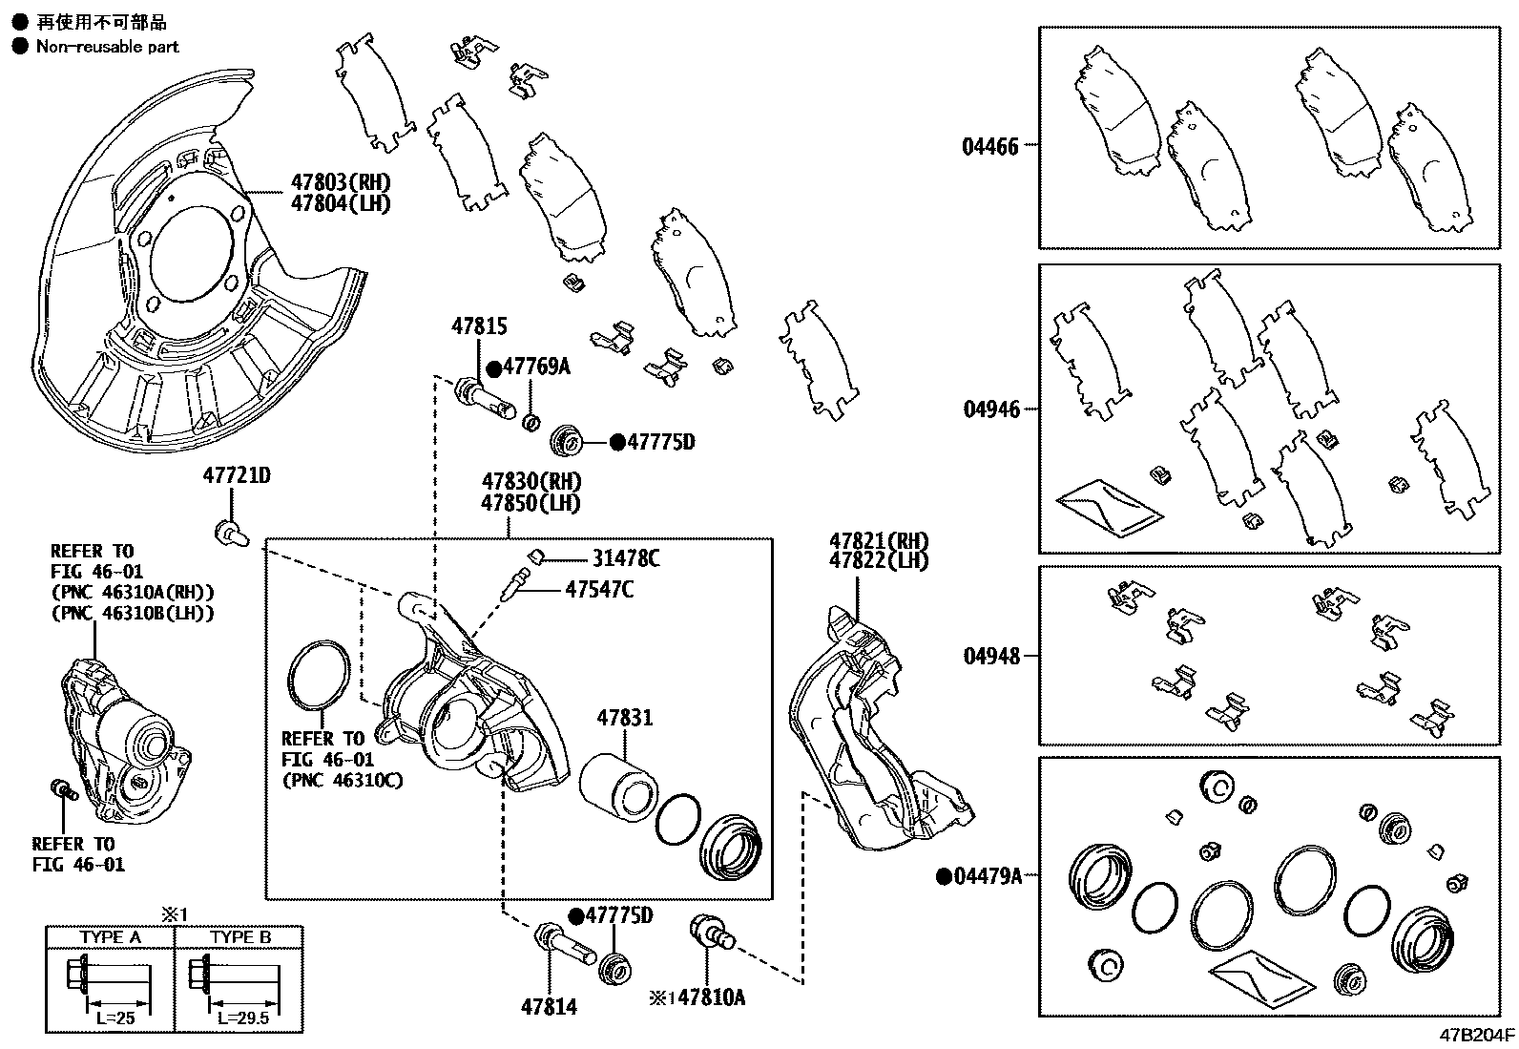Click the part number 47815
click(479, 326)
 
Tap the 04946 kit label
click(990, 409)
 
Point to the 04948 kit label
click(990, 656)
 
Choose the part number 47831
click(625, 717)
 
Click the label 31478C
click(625, 558)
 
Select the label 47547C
click(599, 589)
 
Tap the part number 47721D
click(236, 475)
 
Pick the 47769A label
click(536, 367)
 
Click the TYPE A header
click(111, 936)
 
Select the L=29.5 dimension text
click(242, 1018)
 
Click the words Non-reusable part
click(107, 46)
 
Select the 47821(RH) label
click(878, 540)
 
